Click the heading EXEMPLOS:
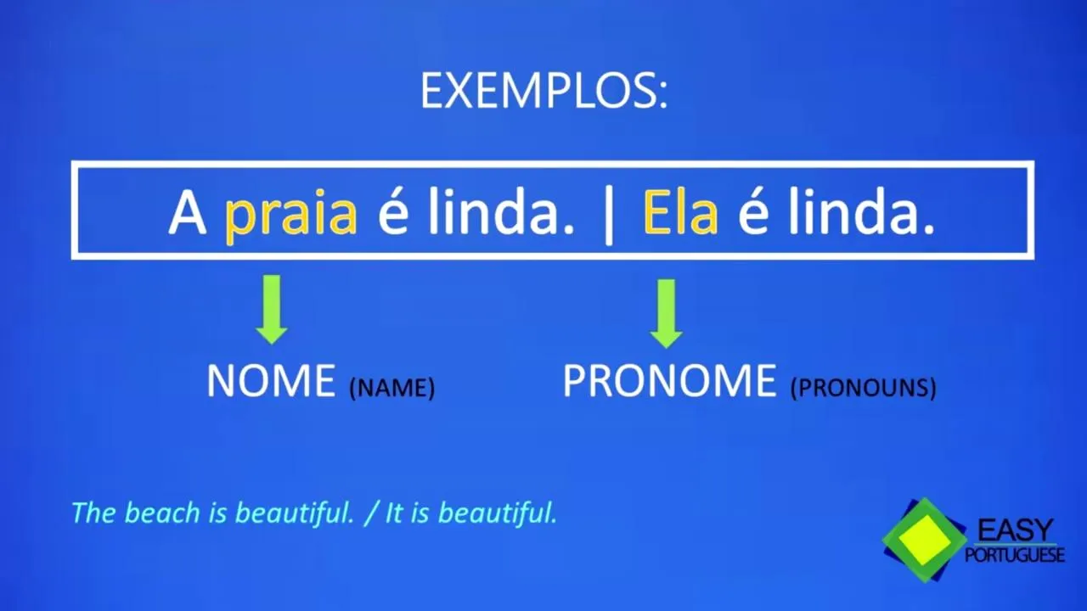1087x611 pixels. coord(544,91)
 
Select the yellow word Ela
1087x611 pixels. coord(680,212)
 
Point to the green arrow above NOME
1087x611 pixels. coord(272,310)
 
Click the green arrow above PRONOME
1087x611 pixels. coord(667,313)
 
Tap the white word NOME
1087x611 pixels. coord(271,381)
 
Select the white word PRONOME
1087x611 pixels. coord(669,381)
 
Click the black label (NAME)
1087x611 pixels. coord(392,388)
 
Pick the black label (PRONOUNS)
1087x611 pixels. coord(864,388)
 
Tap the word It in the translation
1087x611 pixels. coord(394,513)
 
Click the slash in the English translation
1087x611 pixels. coord(371,513)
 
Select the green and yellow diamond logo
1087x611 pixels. coord(924,540)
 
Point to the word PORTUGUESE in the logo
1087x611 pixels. coord(1015,555)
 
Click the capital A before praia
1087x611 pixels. coord(187,212)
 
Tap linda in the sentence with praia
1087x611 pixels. coord(501,211)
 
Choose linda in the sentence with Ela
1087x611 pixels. coord(861,211)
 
